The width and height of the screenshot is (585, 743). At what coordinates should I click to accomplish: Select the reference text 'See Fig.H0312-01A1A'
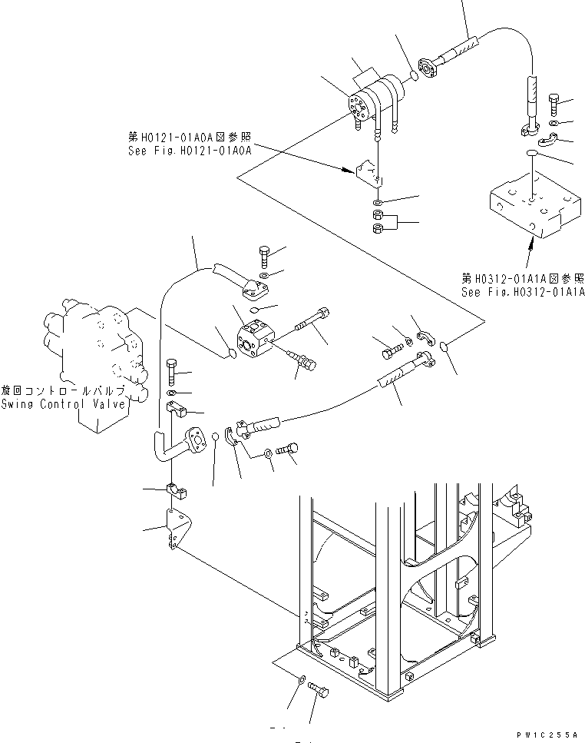(523, 293)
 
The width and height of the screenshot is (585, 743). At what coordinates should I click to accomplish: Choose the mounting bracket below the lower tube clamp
(176, 530)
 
